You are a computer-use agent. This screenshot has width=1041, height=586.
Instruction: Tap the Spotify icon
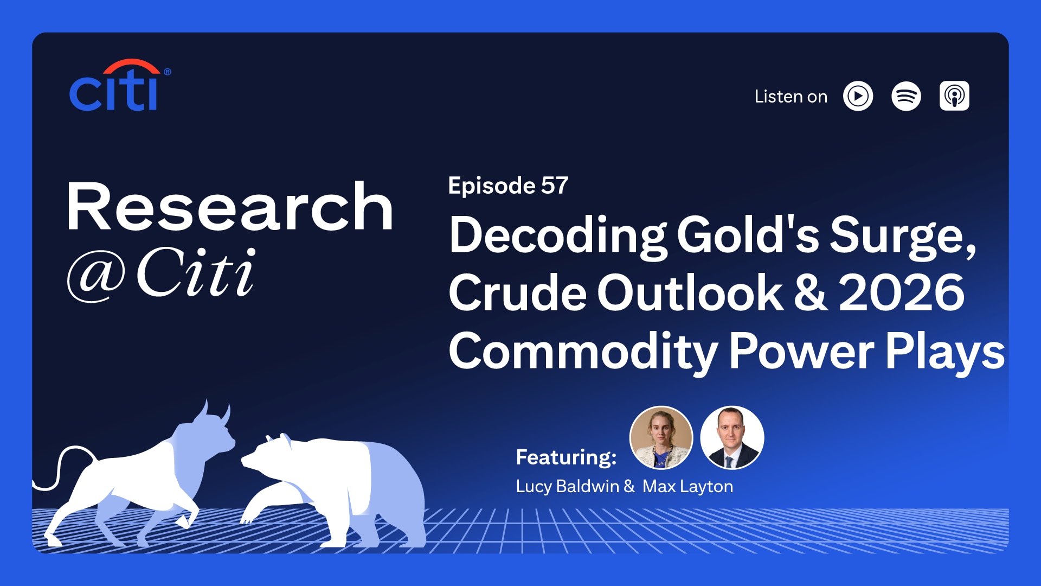click(x=906, y=97)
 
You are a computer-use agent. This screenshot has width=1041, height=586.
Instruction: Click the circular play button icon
click(x=858, y=97)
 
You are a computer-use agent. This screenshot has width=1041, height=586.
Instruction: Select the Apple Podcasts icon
click(x=954, y=97)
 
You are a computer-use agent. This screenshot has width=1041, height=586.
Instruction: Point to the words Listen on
click(x=791, y=97)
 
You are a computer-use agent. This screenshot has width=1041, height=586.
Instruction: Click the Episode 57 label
click(x=508, y=186)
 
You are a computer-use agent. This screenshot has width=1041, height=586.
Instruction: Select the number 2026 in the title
click(x=901, y=294)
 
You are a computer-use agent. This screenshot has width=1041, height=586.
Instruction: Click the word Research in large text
click(x=229, y=207)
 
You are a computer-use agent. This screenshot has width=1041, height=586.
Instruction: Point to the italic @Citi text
click(x=161, y=273)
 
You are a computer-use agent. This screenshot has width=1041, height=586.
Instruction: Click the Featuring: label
click(x=566, y=457)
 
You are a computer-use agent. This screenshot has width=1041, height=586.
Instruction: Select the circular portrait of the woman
click(x=661, y=438)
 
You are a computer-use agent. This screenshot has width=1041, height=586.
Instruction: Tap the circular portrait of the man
click(x=732, y=438)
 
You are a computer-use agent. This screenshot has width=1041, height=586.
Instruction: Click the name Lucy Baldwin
click(x=567, y=487)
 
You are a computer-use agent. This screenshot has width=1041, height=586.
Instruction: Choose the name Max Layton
click(x=687, y=487)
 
